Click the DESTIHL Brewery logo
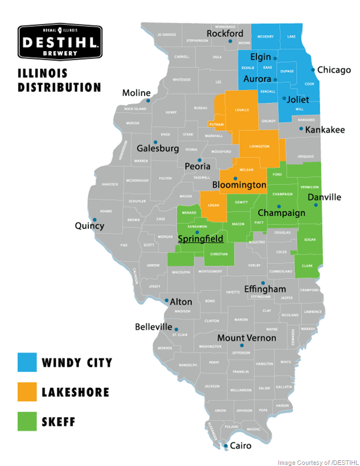coord(60,41)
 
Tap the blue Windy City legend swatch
coord(27,362)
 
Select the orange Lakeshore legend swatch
coord(27,392)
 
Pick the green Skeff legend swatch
coord(27,422)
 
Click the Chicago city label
coord(334,70)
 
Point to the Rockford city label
coord(225,34)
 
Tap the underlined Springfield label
coord(200,239)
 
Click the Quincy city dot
coord(94,219)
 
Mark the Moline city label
coord(137,93)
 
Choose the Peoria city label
coord(197,166)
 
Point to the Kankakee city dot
coord(301,129)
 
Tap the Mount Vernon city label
coord(246,338)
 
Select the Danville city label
coord(324,197)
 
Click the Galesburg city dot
coord(155,142)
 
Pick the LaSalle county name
coord(242,110)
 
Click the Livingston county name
coord(259,146)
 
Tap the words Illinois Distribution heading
coord(59,80)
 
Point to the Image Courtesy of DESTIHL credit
coord(317,462)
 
